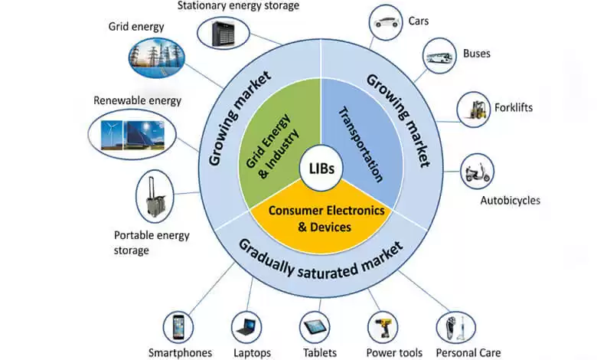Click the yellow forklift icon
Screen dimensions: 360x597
[474, 109]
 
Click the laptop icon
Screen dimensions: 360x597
[247, 327]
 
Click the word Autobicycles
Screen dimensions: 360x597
[510, 201]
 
